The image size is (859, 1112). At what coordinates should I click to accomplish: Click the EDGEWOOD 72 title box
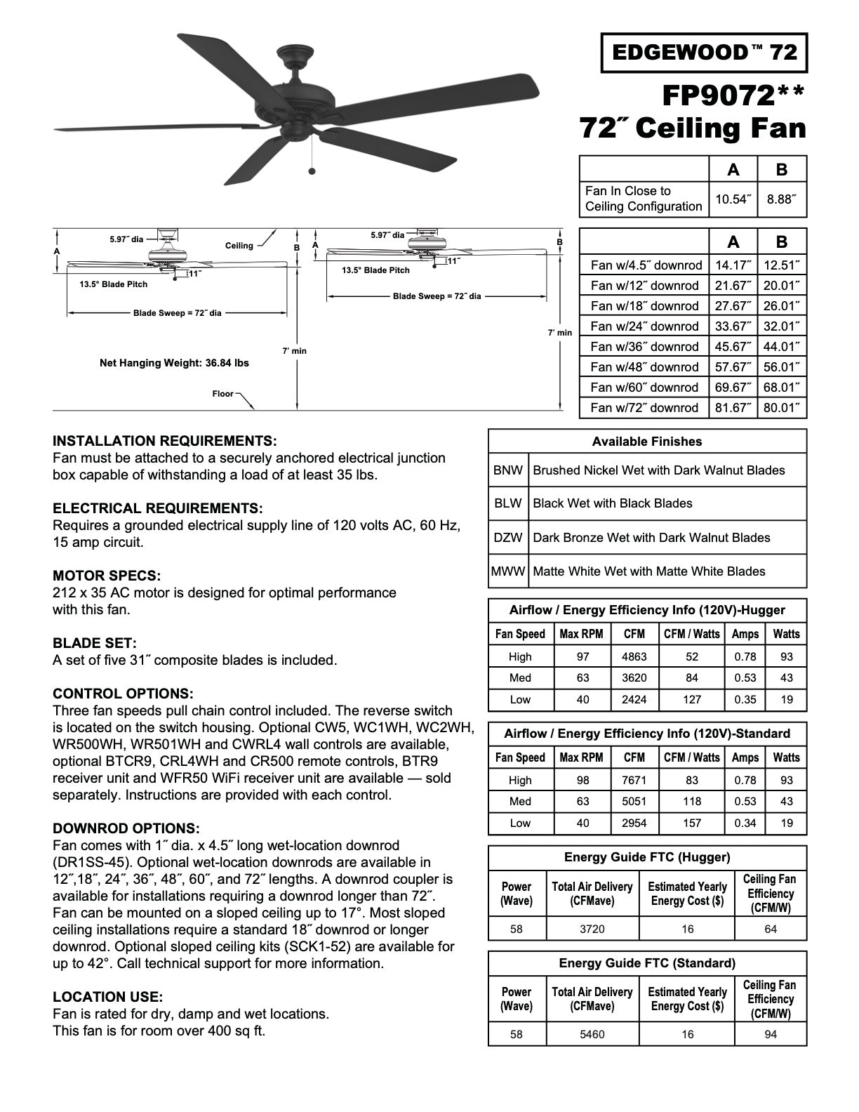pos(704,52)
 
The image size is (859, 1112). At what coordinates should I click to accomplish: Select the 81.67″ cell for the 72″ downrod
pos(733,408)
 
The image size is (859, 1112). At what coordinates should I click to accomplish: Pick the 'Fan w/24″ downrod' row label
pos(644,326)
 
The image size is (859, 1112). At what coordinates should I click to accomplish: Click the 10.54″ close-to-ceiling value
pos(733,199)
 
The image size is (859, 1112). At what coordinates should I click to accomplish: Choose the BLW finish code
pos(507,503)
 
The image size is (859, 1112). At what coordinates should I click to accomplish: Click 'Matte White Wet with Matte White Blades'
pos(648,571)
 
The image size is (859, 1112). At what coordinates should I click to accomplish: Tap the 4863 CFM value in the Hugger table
pos(634,657)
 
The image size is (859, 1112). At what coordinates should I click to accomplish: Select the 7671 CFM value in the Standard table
pos(634,781)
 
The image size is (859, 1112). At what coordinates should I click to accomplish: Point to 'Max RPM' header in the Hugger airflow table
pos(581,634)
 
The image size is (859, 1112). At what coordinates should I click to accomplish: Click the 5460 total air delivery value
pos(592,1035)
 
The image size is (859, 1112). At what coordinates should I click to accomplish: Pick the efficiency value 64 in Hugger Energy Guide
pos(771,929)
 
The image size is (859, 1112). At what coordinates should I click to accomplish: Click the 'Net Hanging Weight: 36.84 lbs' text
pos(174,364)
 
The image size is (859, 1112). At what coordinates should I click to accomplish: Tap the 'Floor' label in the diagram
pos(223,394)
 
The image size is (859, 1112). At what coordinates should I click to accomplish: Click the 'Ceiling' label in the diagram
pos(239,246)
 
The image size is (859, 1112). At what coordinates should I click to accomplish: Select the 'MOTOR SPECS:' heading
pos(107,576)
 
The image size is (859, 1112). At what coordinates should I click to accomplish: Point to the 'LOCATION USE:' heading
pos(107,997)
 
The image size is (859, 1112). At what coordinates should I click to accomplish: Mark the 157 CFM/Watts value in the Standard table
pos(692,823)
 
